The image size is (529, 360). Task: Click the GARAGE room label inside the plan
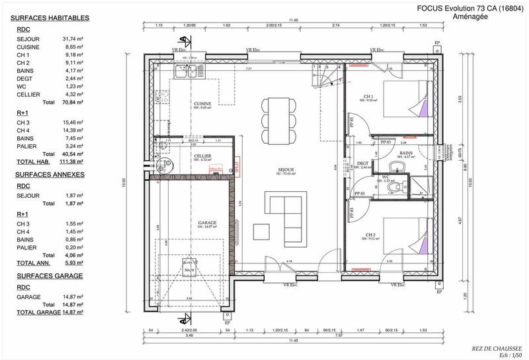(207, 223)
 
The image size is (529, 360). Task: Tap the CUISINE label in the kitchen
(202, 104)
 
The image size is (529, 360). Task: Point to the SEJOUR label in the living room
(286, 170)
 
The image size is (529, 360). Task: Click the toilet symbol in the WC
(395, 188)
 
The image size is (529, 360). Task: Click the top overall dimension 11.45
(292, 21)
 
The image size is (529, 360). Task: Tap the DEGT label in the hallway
(362, 163)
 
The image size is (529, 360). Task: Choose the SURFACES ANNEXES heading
(50, 175)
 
